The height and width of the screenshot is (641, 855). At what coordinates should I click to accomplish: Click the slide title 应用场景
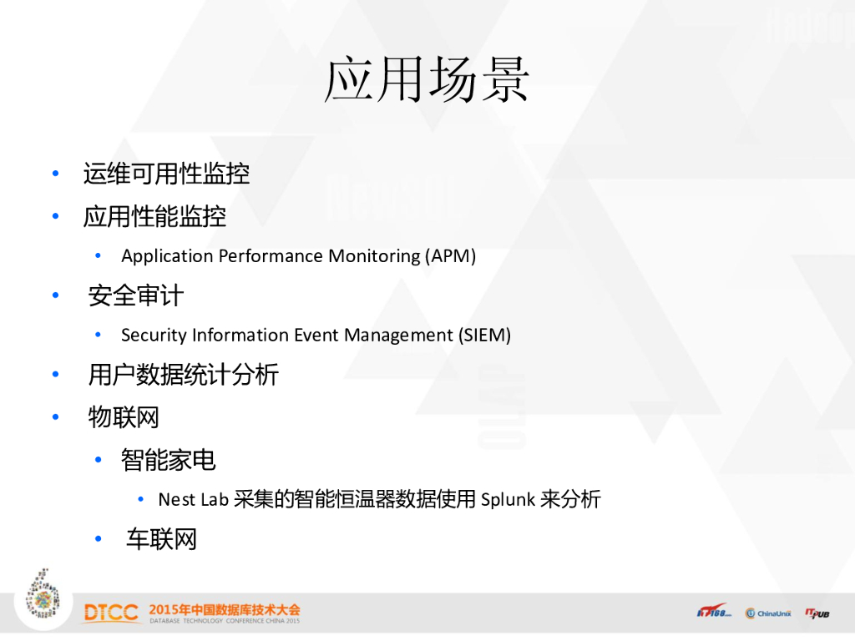(427, 79)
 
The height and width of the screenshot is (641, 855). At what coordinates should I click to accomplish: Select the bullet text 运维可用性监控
(166, 174)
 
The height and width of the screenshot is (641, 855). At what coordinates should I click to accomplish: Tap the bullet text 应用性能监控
(154, 216)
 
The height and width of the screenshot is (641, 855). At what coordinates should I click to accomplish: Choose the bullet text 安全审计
(136, 295)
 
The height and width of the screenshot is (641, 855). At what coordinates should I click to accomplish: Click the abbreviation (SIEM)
(484, 335)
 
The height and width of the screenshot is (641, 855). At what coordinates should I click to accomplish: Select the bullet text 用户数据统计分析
(184, 375)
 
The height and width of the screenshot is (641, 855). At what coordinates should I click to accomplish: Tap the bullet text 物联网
(124, 417)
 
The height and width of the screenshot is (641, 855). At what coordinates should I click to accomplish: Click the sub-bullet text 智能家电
(169, 460)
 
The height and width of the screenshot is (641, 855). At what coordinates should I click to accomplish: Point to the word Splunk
(508, 499)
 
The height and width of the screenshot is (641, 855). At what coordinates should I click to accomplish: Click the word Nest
(177, 499)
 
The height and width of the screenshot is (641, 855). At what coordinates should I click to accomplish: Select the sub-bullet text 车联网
(161, 539)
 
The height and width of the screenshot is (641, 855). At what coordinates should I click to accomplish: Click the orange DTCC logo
(111, 613)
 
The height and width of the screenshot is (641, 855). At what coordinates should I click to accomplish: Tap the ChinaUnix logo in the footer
(768, 613)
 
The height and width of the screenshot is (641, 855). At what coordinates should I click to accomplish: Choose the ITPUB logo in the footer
(817, 613)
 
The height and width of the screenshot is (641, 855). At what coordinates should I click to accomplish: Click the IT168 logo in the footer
(713, 611)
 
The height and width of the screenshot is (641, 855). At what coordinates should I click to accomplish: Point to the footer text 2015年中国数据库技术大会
(224, 609)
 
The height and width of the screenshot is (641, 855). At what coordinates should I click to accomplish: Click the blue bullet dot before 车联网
(99, 539)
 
